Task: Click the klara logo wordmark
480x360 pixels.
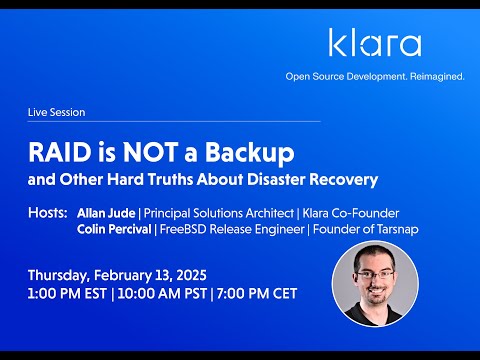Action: pyautogui.click(x=374, y=43)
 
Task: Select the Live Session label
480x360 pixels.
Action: pyautogui.click(x=55, y=113)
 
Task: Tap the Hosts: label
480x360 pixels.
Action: pyautogui.click(x=48, y=213)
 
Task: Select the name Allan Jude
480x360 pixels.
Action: pyautogui.click(x=106, y=213)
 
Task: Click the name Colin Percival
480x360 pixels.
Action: pyautogui.click(x=115, y=229)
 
